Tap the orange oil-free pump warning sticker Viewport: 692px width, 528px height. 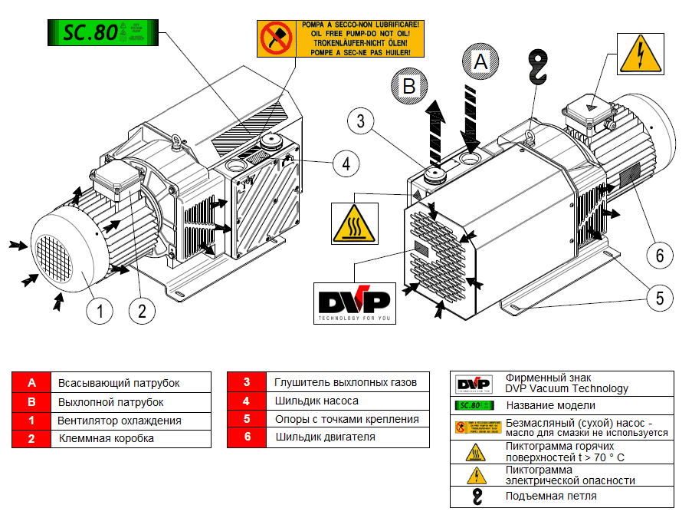click(x=339, y=39)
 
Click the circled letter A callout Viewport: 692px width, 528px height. click(x=480, y=62)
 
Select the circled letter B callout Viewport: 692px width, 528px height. click(x=408, y=87)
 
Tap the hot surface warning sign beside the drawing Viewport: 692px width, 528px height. click(x=353, y=223)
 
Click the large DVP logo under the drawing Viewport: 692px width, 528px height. click(x=354, y=302)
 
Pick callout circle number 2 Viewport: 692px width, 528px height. click(x=143, y=311)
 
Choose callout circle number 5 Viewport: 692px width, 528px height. click(x=658, y=297)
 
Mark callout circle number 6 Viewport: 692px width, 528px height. click(x=660, y=254)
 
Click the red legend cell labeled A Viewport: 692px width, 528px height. click(x=31, y=383)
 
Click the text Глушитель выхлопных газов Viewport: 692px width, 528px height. click(x=346, y=382)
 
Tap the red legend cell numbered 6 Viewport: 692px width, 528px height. click(x=247, y=437)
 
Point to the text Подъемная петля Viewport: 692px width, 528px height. click(x=551, y=497)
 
